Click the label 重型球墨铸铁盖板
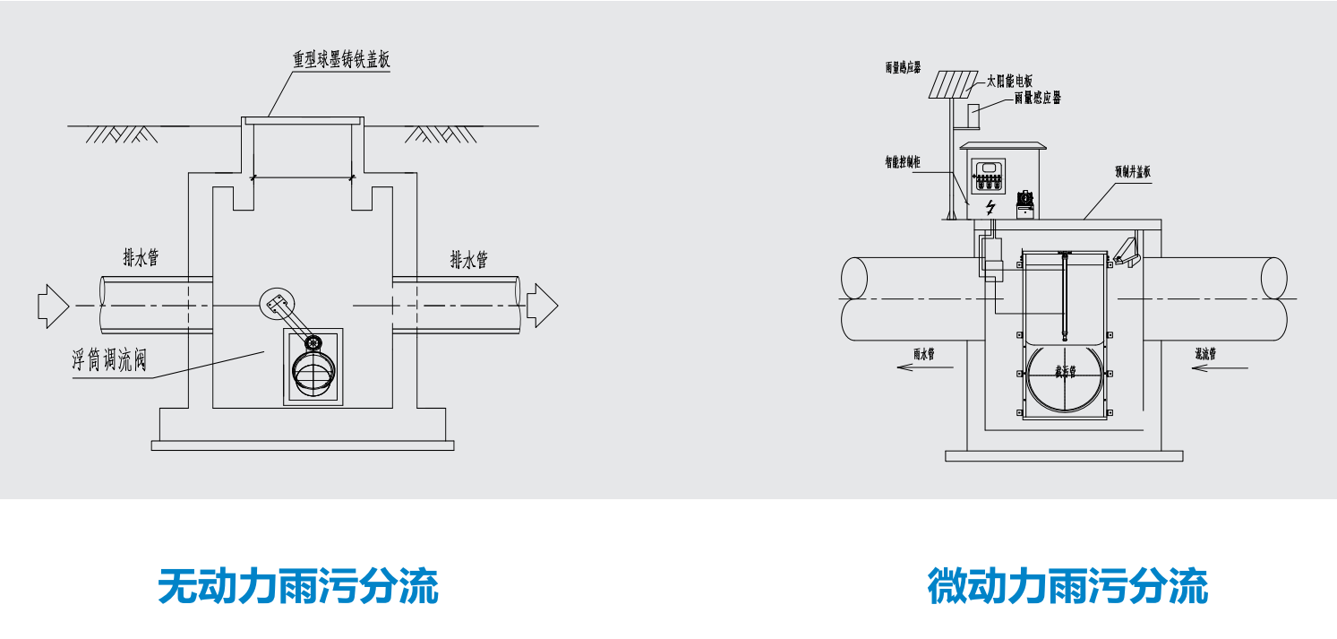coord(341,61)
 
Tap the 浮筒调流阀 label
coord(108,361)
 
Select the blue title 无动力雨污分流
coord(298,587)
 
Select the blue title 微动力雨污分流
coord(1067,587)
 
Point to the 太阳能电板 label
coord(1009,81)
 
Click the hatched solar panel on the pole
coord(952,84)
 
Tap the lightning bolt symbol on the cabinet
coord(990,208)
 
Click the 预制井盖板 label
coord(1132,170)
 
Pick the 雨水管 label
coord(924,354)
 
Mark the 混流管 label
coord(1204,353)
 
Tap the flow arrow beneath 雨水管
coord(917,368)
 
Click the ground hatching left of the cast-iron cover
coord(121,134)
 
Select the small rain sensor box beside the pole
coord(974,114)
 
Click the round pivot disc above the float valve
coord(276,304)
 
